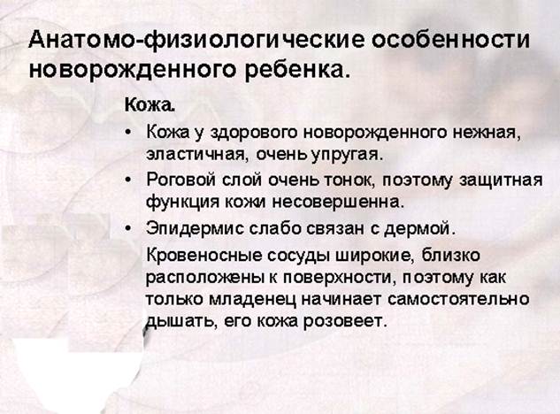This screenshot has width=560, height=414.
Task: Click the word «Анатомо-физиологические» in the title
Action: click(x=196, y=40)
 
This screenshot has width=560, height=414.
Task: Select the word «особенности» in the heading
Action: click(x=450, y=39)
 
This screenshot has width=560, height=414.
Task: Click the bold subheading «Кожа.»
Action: click(x=150, y=105)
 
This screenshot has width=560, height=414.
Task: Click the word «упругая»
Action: click(x=346, y=156)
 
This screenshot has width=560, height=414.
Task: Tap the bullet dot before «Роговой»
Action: click(x=129, y=180)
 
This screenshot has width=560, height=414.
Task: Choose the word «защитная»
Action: click(x=501, y=180)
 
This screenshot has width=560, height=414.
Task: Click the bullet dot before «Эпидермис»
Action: click(x=129, y=228)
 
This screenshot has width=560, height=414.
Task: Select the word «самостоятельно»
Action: click(x=458, y=299)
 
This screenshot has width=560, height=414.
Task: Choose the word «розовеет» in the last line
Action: click(x=345, y=321)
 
